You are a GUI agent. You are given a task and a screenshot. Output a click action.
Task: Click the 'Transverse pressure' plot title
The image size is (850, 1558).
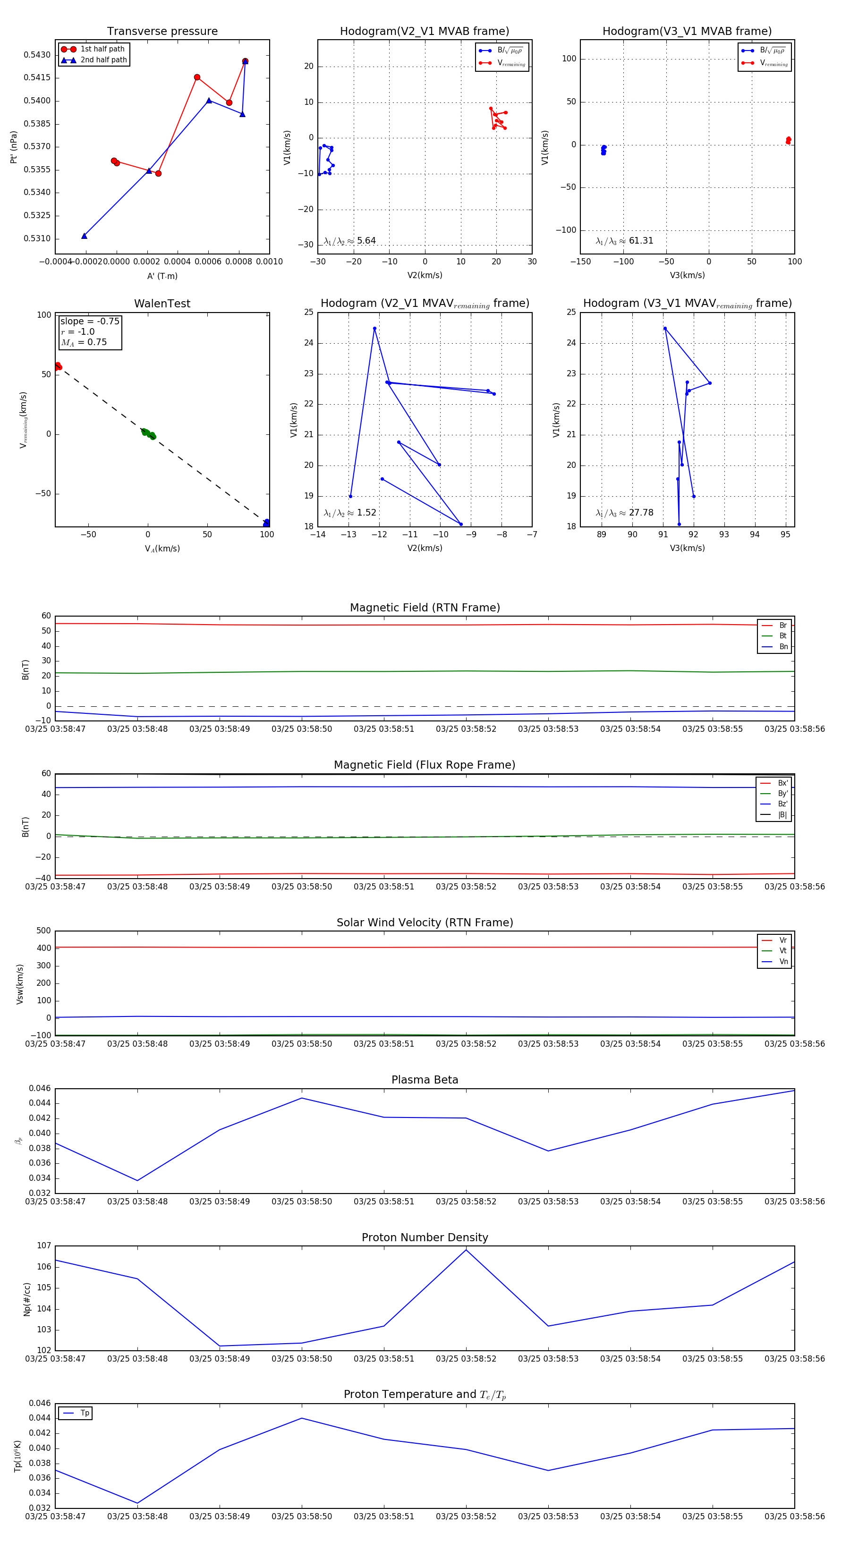coord(162,32)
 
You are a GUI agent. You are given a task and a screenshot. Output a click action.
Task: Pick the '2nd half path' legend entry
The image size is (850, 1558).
coord(103,60)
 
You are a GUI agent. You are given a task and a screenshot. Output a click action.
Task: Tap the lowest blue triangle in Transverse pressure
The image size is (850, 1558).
coord(84,236)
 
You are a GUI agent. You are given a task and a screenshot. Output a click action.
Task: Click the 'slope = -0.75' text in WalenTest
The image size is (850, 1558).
coord(90,321)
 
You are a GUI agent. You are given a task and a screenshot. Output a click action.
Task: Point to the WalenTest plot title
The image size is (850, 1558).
coord(162,304)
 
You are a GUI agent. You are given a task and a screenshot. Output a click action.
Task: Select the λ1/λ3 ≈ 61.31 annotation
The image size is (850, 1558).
coord(624,241)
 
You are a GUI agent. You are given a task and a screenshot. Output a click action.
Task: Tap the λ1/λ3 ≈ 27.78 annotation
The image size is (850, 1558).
coord(624,513)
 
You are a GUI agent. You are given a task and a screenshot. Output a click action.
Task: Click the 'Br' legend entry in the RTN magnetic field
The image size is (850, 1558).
coord(782,626)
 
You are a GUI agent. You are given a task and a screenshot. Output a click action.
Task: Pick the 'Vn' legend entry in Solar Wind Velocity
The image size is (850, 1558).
coord(783,962)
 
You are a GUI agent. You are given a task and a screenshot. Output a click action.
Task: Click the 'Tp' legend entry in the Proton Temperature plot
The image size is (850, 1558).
coord(85,1414)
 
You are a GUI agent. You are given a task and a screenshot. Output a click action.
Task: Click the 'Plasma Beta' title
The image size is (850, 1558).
coord(425,1080)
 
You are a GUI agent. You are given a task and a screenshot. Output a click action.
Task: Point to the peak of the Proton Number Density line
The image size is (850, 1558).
coord(466,1250)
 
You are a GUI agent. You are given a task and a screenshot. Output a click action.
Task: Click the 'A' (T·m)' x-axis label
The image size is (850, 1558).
coord(162,276)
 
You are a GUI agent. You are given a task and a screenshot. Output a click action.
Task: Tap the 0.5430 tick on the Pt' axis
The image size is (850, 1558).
coord(37,55)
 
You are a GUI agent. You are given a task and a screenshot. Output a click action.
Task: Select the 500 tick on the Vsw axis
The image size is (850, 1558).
coord(43,931)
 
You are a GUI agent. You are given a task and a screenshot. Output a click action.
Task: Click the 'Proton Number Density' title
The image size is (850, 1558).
coord(425,1237)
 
